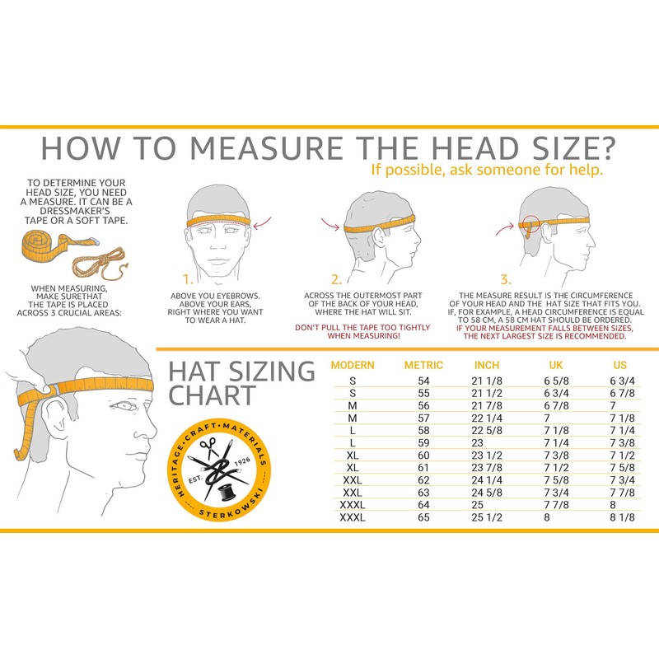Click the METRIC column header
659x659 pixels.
point(423,365)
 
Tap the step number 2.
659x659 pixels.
point(336,279)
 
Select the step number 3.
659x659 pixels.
point(505,279)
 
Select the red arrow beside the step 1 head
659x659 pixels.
point(264,222)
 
